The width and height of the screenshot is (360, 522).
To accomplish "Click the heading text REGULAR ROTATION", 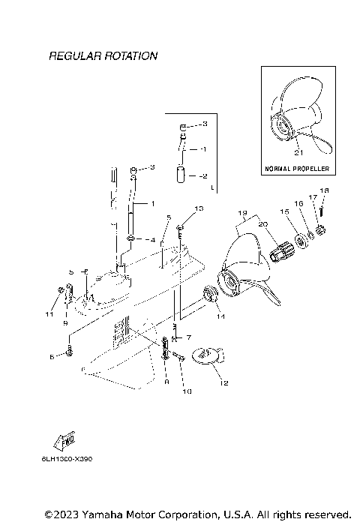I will coord(103,56).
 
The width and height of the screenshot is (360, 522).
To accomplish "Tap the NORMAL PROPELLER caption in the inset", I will coord(298,169).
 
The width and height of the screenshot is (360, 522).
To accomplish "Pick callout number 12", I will coord(222,383).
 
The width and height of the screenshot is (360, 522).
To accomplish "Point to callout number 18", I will coord(324,190).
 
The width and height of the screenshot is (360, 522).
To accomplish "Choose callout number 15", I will coord(284,212).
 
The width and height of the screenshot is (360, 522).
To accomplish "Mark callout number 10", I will coord(187,391).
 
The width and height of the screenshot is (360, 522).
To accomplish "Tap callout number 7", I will coord(188,338).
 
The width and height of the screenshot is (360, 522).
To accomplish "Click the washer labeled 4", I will coord(130,240).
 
